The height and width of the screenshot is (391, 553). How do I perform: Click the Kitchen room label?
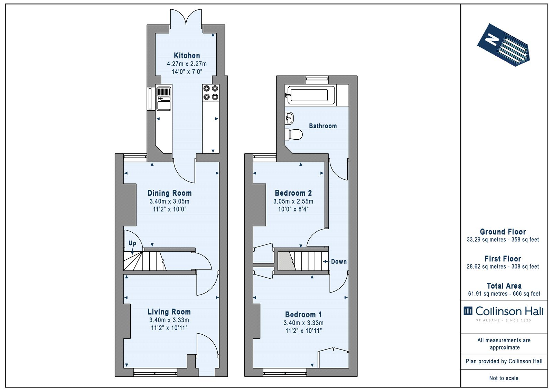tap(187, 56)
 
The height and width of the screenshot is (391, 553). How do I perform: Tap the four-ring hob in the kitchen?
tap(210, 93)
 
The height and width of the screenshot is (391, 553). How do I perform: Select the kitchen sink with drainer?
tap(164, 98)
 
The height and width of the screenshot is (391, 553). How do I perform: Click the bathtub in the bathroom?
tap(310, 95)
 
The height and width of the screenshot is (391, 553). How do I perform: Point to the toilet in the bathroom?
tap(294, 134)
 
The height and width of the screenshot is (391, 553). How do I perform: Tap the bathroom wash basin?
tap(289, 118)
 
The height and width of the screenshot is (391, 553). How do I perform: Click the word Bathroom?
tap(323, 126)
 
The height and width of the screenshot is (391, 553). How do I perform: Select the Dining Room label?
tap(169, 193)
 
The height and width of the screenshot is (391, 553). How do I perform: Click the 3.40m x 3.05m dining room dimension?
tap(169, 201)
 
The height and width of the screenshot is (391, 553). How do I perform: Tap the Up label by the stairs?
tap(132, 243)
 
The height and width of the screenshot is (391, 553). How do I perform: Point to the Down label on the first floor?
tap(339, 262)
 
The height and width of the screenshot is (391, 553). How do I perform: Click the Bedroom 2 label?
tap(293, 193)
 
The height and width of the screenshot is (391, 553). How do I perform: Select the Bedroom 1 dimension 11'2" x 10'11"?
tap(303, 331)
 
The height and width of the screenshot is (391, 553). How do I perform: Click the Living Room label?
tap(169, 312)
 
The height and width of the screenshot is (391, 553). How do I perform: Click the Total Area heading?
tap(504, 286)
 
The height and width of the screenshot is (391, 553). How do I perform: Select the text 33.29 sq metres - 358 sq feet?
tap(503, 240)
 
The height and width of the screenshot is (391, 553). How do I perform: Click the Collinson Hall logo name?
tap(509, 311)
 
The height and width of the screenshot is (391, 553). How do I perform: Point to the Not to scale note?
tap(504, 378)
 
